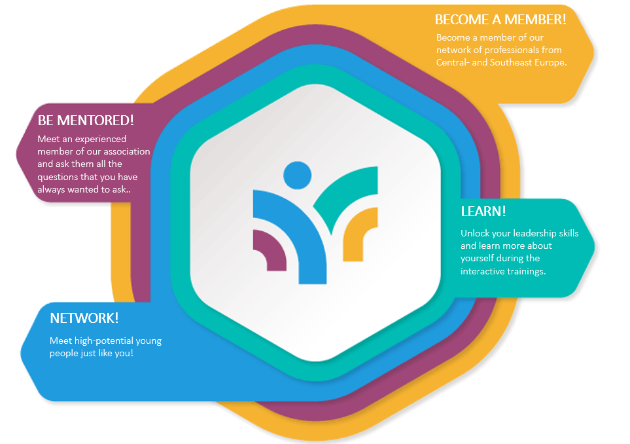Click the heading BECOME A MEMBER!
coord(500,19)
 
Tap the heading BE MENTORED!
coord(86,120)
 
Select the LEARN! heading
coord(483,211)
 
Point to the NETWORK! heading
coord(84,318)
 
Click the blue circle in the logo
coord(297,176)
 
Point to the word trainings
coord(527,272)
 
